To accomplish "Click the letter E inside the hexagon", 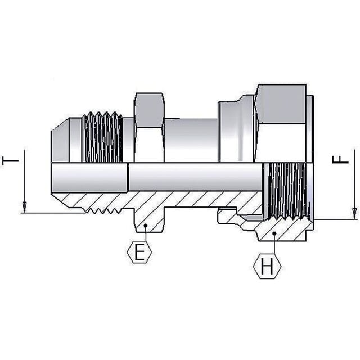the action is pos(139,252).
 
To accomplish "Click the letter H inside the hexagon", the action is pos(267,266).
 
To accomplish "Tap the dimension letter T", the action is pos(10,160).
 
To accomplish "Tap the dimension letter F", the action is pos(340,159).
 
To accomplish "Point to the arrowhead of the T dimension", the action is pos(24,207).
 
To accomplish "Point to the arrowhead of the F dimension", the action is pos(355,213).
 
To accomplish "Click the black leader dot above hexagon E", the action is pos(145,226).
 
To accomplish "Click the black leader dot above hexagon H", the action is pos(274,233).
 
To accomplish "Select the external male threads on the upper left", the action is pos(102,137).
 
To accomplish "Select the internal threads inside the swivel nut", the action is pos(287,191).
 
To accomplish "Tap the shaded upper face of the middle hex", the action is pos(149,110).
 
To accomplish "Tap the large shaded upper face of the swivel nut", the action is pos(281,104).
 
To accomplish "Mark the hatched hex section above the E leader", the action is pos(149,220).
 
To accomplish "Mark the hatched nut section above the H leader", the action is pos(283,229).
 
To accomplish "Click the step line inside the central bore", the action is pos(128,177).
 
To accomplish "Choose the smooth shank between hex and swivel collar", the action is pos(191,141).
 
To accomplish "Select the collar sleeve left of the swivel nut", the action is pos(236,132).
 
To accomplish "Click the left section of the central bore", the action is pos(89,177).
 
